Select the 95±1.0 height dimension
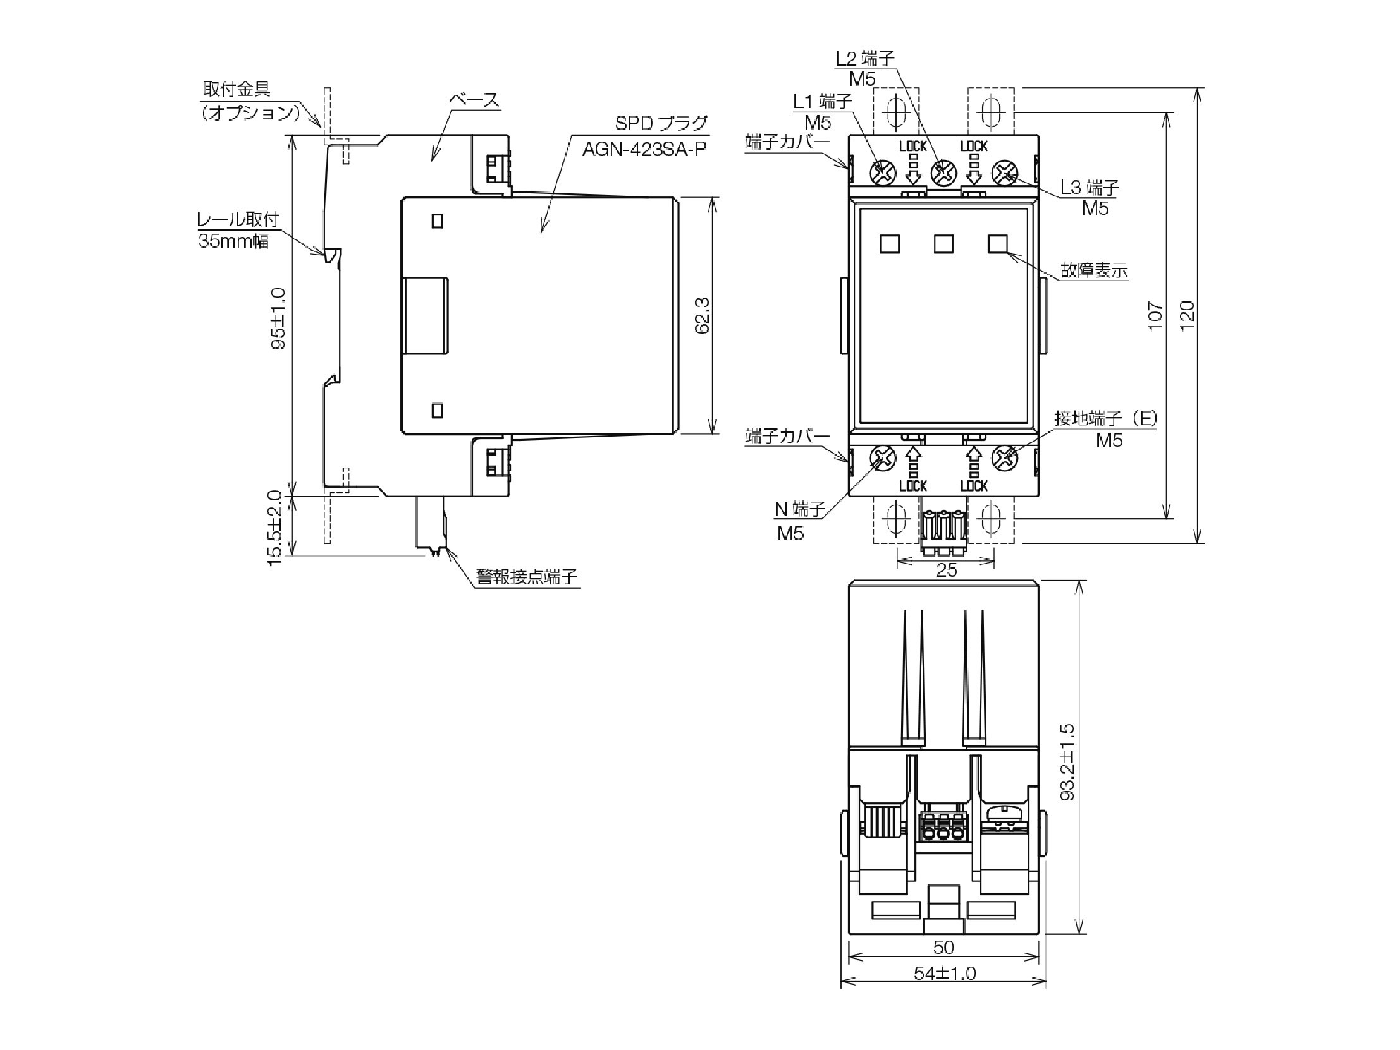coord(278,318)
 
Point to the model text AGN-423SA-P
coord(644,149)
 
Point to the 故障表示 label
coord(1095,271)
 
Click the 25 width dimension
coord(946,570)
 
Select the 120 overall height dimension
coord(1188,315)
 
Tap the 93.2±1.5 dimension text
coord(1067,762)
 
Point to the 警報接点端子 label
coord(527,576)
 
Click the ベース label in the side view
coord(474,99)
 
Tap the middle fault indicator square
coord(943,243)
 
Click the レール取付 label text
coord(237,219)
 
